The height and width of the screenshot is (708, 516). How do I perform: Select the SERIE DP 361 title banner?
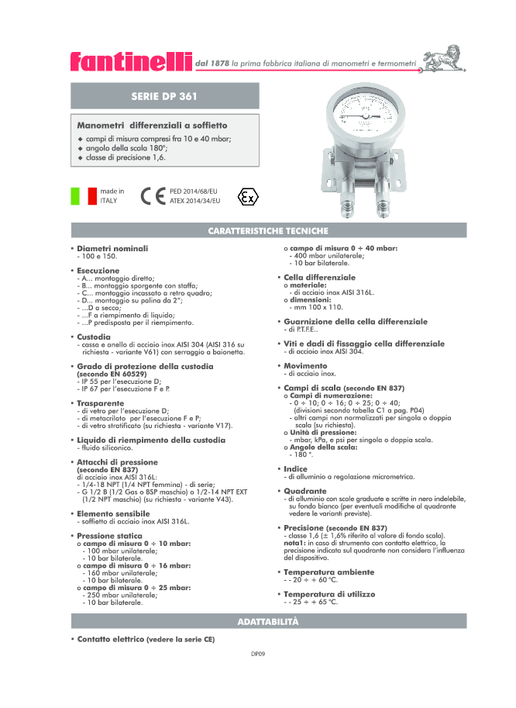[x=163, y=97]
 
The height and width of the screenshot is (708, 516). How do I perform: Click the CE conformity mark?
[x=153, y=195]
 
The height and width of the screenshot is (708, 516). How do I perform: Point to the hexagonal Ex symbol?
[x=247, y=195]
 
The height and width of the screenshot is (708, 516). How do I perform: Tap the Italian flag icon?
[x=83, y=195]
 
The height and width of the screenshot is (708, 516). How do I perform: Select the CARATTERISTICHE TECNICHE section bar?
[x=268, y=231]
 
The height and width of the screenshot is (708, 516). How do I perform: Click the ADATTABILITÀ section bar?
[x=268, y=623]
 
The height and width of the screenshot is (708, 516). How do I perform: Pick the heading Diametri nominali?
[x=112, y=248]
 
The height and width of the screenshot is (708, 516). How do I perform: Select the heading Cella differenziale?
[x=319, y=277]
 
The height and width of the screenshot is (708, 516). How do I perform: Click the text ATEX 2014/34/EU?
[x=194, y=200]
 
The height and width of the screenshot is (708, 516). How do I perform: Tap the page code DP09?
[x=258, y=654]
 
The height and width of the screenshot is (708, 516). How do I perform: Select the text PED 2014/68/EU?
[x=194, y=190]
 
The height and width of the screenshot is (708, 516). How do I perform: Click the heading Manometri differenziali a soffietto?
[x=152, y=125]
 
